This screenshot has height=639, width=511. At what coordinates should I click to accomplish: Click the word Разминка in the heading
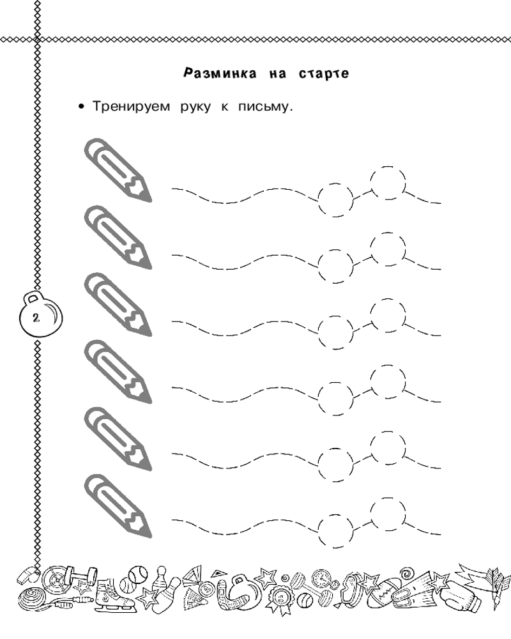(x=220, y=73)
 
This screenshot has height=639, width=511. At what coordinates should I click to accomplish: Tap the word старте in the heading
(x=324, y=73)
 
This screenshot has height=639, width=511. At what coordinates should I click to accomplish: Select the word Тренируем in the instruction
(x=131, y=107)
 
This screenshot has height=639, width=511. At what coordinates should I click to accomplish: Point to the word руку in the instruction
(x=195, y=107)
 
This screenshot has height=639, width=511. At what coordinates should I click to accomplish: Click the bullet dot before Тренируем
(x=82, y=107)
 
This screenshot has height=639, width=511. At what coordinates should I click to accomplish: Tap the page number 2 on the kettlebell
(x=36, y=318)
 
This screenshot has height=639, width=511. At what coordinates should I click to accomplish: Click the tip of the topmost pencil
(x=150, y=201)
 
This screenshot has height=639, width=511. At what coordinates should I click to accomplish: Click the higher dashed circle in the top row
(x=388, y=167)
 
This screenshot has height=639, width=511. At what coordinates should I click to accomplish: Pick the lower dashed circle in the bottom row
(x=335, y=515)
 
